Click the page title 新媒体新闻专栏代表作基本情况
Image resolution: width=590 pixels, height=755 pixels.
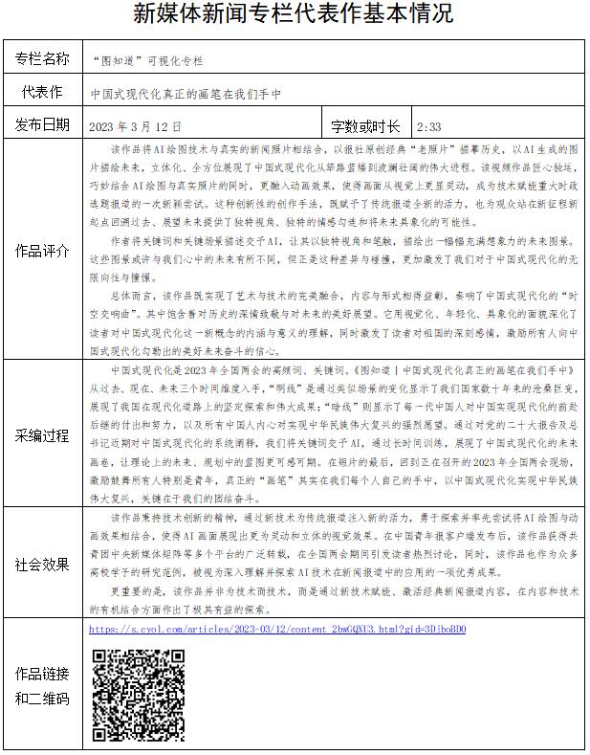294,14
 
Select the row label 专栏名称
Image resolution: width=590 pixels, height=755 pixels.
42,59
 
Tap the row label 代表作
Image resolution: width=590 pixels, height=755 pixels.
42,92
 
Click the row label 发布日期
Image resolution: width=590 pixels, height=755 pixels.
42,124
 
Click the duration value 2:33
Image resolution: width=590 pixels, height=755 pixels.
429,125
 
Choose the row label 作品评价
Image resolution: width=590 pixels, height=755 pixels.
42,251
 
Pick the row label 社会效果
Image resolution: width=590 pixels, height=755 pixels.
42,565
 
